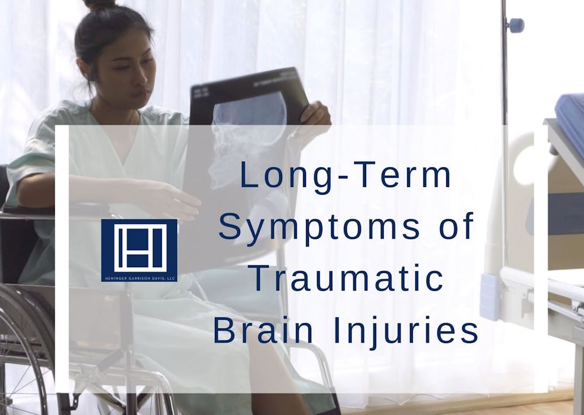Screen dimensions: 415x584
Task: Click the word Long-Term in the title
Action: pos(346,176)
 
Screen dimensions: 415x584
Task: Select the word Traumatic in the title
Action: pos(346,279)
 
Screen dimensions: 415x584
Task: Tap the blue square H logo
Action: pos(139,246)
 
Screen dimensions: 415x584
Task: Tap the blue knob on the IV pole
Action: pos(515,25)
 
